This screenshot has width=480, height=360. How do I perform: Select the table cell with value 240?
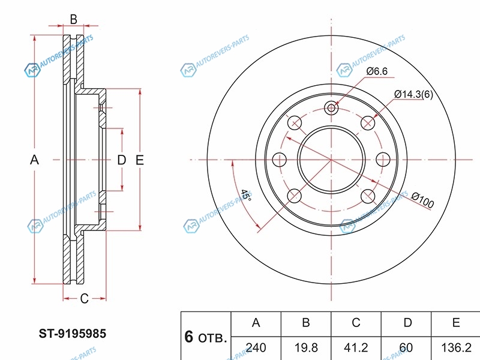256,347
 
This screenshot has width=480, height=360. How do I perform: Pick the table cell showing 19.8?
305,347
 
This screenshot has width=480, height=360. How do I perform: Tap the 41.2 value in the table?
356,347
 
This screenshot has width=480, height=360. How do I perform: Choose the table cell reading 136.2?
456,347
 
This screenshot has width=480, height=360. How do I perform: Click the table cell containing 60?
407,347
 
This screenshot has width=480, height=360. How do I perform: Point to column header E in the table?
456,323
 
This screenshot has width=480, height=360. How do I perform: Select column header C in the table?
356,323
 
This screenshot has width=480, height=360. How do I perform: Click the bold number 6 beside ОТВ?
188,337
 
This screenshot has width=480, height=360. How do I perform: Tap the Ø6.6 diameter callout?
377,71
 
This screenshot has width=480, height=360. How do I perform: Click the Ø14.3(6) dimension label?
413,94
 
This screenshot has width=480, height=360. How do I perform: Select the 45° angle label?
247,196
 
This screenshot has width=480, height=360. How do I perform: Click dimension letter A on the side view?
34,160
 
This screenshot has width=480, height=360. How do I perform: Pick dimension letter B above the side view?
73,19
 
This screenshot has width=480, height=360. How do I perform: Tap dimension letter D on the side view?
121,160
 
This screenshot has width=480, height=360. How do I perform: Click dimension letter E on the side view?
139,160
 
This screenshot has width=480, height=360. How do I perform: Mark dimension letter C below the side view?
85,298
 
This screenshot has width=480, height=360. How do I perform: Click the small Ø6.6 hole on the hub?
331,108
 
